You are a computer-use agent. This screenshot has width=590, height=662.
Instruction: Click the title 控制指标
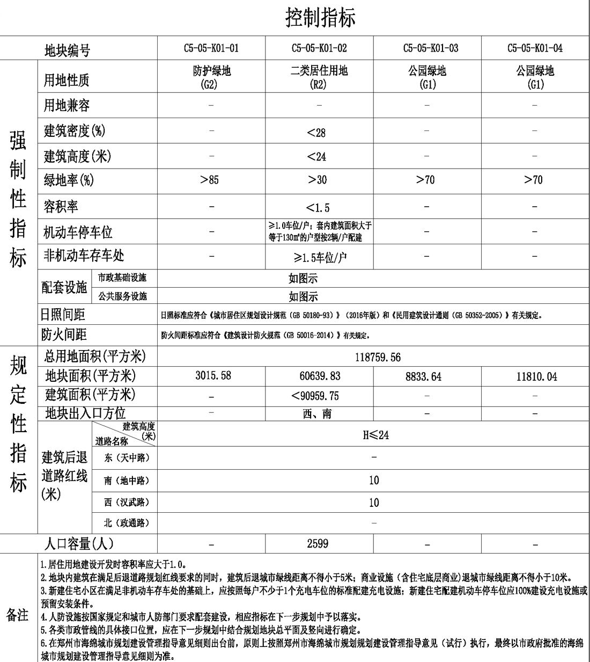point(320,18)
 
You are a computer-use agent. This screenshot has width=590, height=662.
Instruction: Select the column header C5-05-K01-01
point(211,48)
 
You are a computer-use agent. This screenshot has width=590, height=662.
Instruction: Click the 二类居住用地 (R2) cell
point(319,77)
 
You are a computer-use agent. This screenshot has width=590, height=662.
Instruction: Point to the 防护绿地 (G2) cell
point(211,77)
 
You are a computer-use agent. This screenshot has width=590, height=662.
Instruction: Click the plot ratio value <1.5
point(318,207)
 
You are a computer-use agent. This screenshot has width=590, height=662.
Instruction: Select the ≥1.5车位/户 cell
point(320,258)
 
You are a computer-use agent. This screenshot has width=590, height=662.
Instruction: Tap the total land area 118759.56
point(378,358)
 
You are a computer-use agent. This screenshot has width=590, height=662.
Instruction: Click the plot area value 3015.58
point(213,376)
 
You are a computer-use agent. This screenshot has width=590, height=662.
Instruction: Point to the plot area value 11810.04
point(536,377)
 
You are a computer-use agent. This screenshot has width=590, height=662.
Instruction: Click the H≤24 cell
point(375,435)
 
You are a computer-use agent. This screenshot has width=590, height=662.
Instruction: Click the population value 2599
point(318,544)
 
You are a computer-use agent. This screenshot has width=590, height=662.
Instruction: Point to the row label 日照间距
point(63,315)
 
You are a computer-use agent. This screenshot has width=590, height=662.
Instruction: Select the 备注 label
point(17,615)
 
